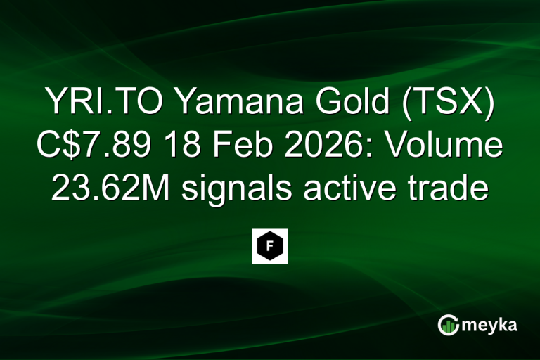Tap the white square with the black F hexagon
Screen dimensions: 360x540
[270, 246]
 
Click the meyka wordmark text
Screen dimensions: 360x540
[493, 325]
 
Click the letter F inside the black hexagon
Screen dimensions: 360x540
[270, 246]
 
